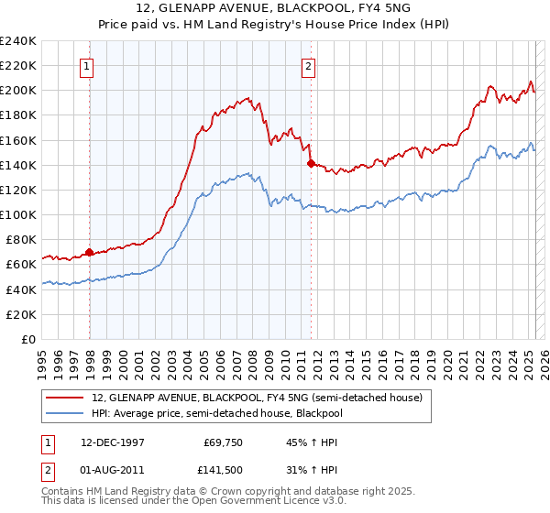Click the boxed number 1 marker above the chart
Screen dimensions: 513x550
coord(86,65)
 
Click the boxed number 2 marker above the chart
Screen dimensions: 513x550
coord(309,65)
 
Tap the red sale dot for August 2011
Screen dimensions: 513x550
coord(312,164)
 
